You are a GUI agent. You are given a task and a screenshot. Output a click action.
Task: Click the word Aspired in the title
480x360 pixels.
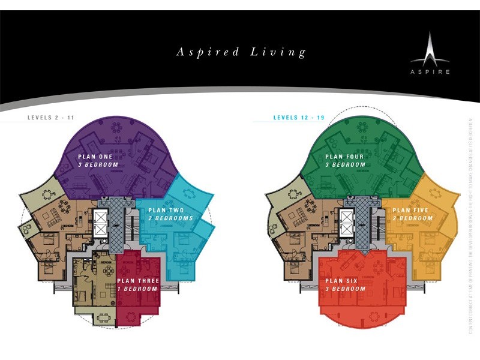(x=205, y=52)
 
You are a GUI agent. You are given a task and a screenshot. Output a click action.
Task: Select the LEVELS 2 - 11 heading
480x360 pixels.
(x=51, y=118)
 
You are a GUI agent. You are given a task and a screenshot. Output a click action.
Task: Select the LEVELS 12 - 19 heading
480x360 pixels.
(x=298, y=118)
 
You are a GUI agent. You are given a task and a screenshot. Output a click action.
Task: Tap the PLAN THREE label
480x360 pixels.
(x=137, y=281)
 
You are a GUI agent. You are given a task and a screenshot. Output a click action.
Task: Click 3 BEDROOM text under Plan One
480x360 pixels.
(x=98, y=164)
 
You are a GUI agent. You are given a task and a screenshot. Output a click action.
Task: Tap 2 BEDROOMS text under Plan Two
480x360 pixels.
(x=170, y=218)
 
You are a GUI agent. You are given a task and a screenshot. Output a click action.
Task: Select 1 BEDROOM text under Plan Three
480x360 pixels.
(x=137, y=289)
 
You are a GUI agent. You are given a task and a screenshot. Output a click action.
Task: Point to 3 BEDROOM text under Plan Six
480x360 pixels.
(x=344, y=289)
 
